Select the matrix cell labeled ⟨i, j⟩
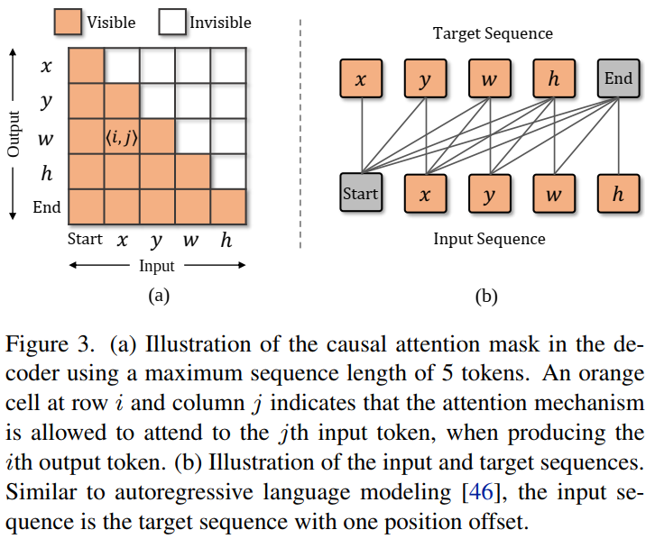pyautogui.click(x=122, y=137)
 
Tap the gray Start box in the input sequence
pyautogui.click(x=360, y=194)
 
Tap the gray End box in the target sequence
pyautogui.click(x=618, y=79)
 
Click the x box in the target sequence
pyautogui.click(x=361, y=79)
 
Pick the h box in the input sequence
pyautogui.click(x=618, y=194)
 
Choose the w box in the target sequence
pyautogui.click(x=489, y=79)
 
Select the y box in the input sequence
pyautogui.click(x=489, y=194)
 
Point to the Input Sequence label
pyautogui.click(x=489, y=239)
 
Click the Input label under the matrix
pyautogui.click(x=157, y=266)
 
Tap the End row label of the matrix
pyautogui.click(x=47, y=207)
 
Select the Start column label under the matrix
pyautogui.click(x=85, y=240)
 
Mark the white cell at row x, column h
pyautogui.click(x=227, y=66)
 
